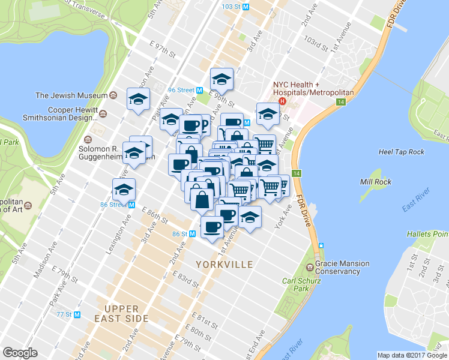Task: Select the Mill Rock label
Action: point(376,182)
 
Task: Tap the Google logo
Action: point(20,353)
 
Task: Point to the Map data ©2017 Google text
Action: point(412,355)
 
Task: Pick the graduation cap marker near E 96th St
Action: point(221,79)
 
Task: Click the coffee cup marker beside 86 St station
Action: point(211,227)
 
